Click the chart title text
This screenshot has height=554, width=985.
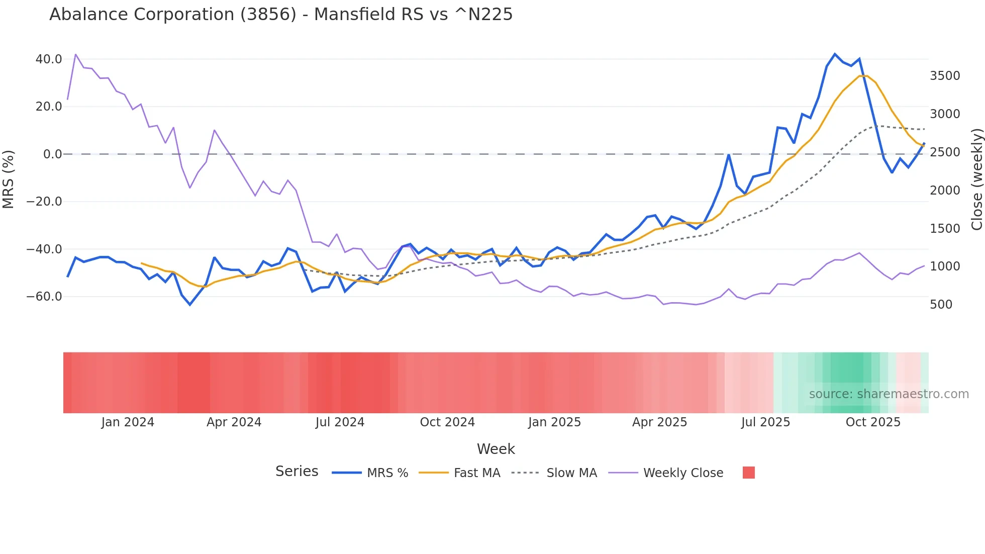(x=281, y=15)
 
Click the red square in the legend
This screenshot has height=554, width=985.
(x=749, y=473)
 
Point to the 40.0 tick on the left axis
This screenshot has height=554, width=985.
(x=49, y=59)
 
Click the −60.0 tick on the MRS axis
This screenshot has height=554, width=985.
(x=44, y=297)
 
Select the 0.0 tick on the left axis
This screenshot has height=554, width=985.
(x=53, y=154)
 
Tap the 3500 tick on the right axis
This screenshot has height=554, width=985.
(x=945, y=76)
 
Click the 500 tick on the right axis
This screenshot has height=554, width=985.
(x=941, y=305)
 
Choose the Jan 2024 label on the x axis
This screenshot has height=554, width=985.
(x=128, y=422)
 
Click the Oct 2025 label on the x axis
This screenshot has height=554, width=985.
(x=873, y=422)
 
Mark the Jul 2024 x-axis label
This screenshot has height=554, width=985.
(x=340, y=422)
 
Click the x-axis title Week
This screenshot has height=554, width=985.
(x=496, y=449)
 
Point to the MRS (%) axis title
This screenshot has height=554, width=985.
(x=9, y=179)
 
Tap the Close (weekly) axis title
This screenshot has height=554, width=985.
(x=976, y=179)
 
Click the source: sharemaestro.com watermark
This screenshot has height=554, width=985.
(x=889, y=394)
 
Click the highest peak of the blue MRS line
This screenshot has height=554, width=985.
(x=835, y=54)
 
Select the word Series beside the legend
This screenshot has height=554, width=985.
(x=297, y=472)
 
